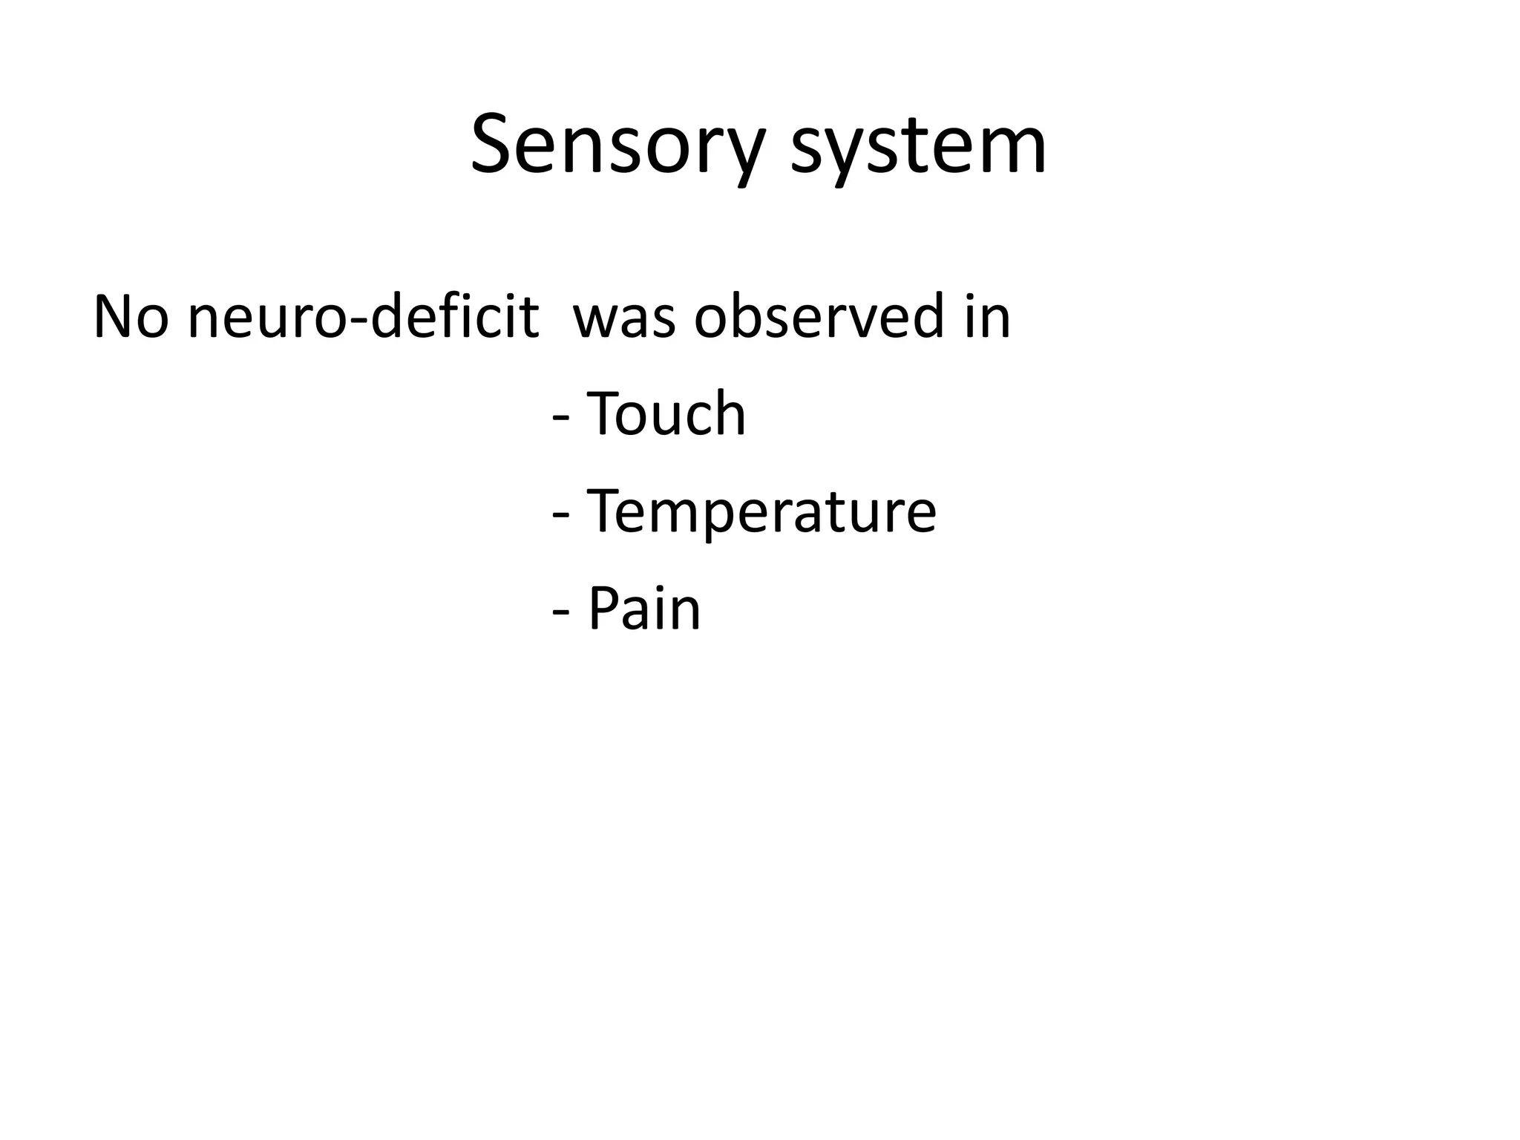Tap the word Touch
666,414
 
